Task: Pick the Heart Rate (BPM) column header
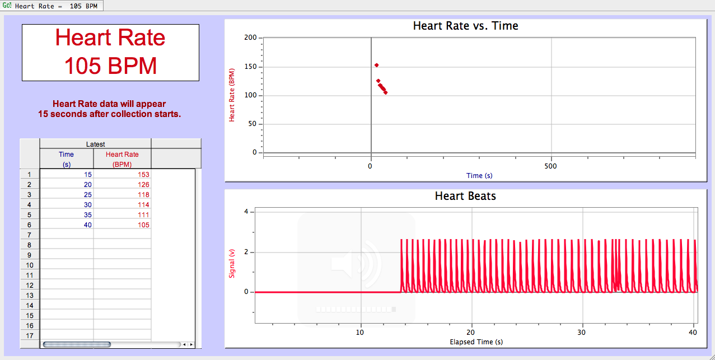click(122, 159)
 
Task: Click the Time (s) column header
click(66, 159)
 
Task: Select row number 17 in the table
click(30, 335)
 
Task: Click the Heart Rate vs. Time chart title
click(465, 26)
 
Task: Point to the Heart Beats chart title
click(465, 196)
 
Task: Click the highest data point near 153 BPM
click(376, 65)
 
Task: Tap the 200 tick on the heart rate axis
click(250, 38)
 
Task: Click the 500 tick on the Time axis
click(551, 166)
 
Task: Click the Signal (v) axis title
click(232, 263)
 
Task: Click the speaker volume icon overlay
click(356, 263)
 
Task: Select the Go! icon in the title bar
click(7, 6)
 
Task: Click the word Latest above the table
click(95, 144)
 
